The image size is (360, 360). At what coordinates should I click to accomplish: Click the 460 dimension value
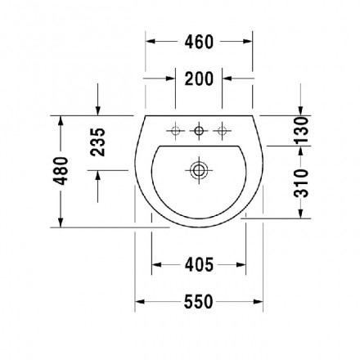pyautogui.click(x=198, y=42)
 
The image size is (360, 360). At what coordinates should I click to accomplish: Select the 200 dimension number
pyautogui.click(x=199, y=79)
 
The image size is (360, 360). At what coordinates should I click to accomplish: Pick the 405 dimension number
pyautogui.click(x=199, y=264)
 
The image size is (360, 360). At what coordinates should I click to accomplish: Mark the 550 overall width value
pyautogui.click(x=199, y=302)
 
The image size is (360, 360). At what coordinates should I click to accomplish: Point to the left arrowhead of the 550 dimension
pyautogui.click(x=141, y=302)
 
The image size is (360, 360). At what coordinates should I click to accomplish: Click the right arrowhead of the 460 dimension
pyautogui.click(x=248, y=42)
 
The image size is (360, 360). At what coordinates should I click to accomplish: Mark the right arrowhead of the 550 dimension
pyautogui.click(x=258, y=302)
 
